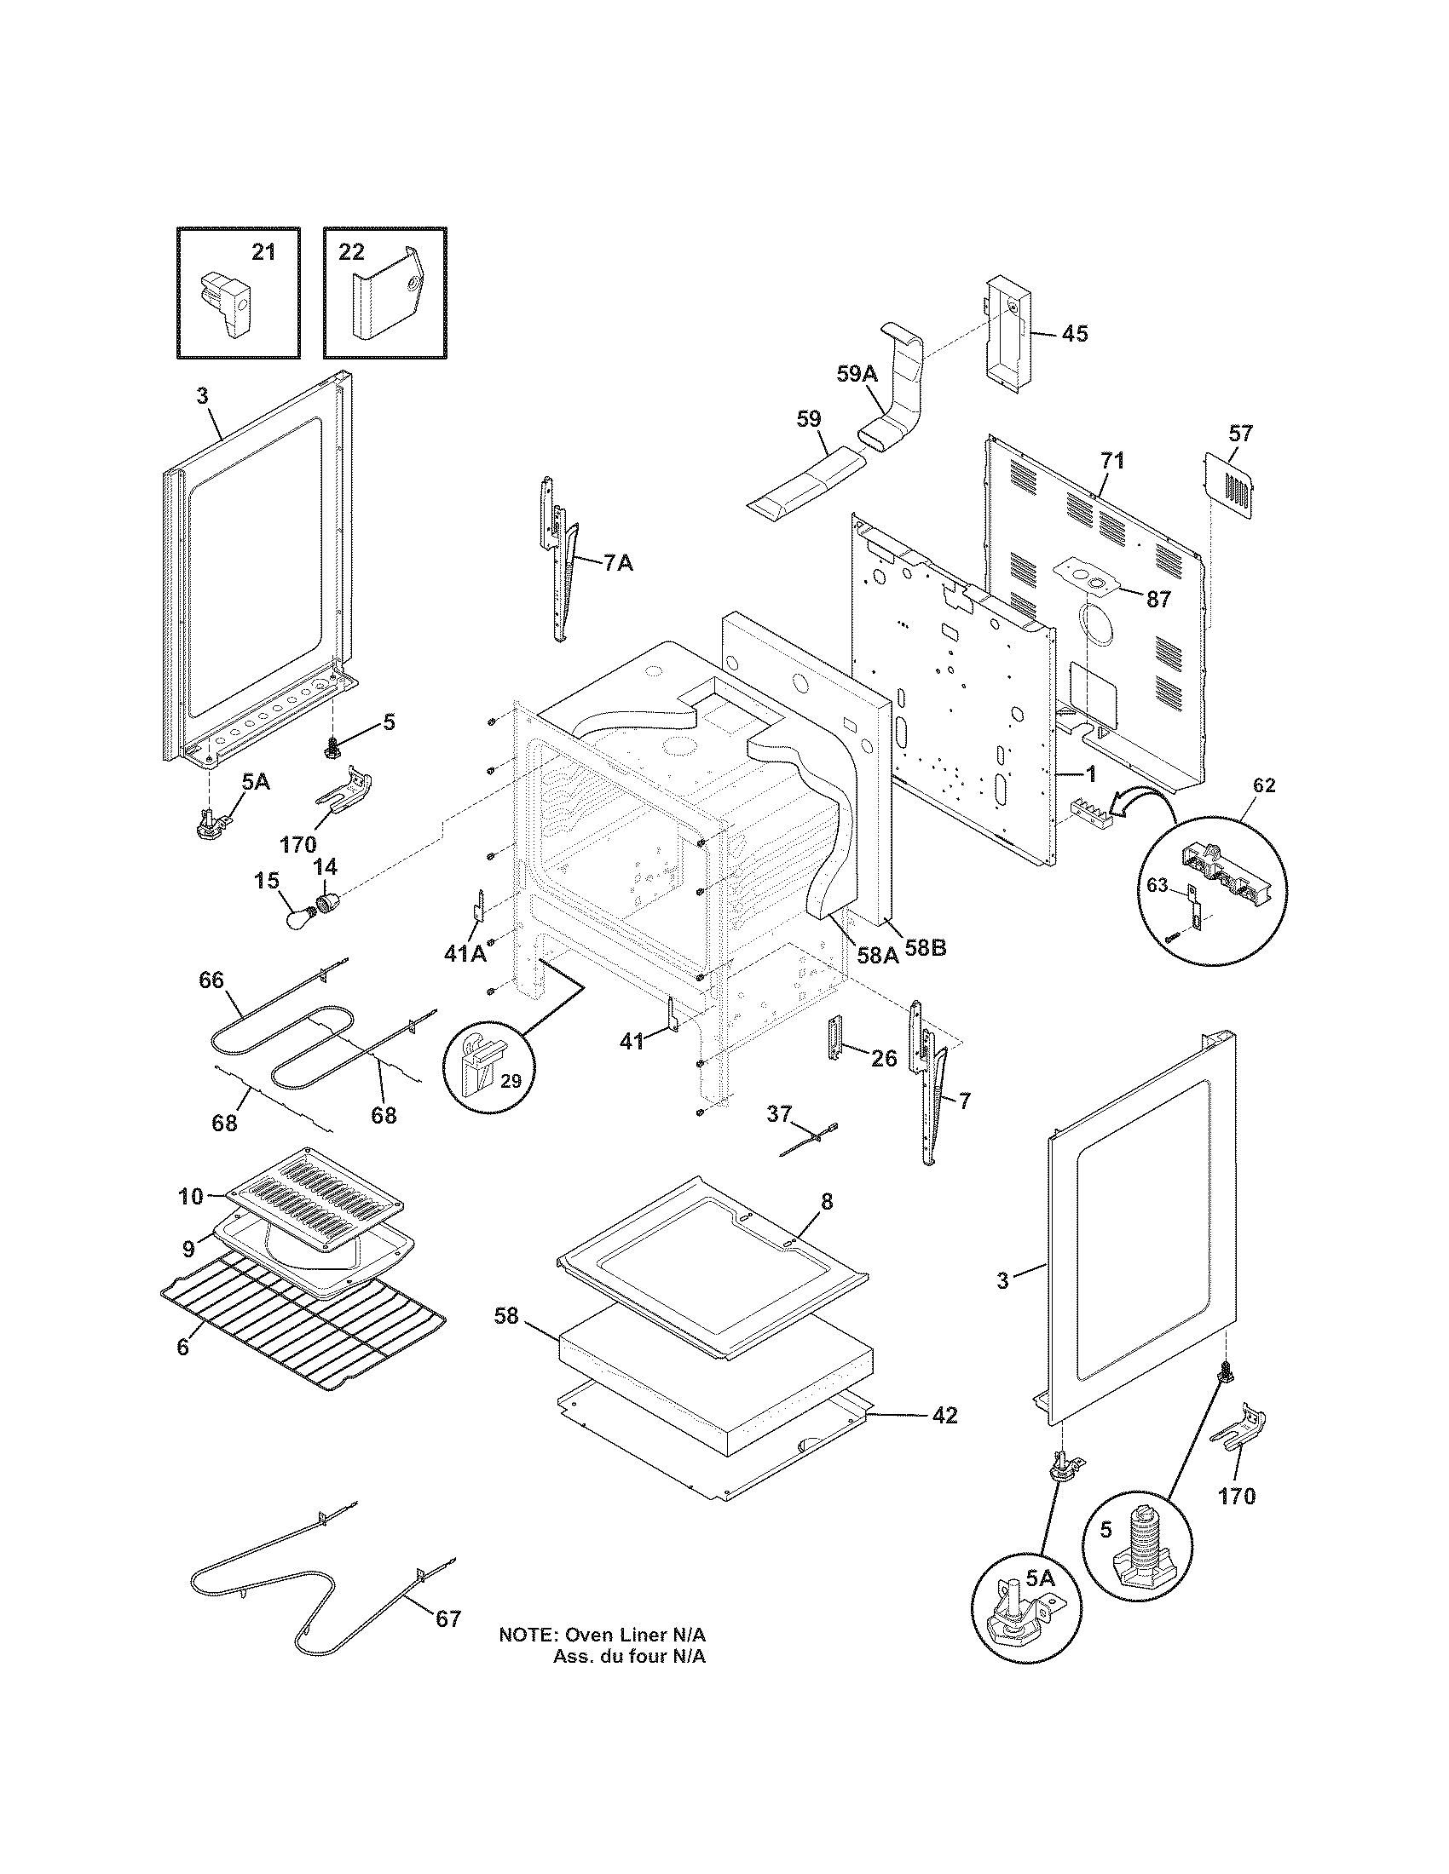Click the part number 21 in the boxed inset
point(263,252)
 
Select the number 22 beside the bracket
point(351,252)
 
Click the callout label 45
point(1074,334)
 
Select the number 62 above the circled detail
point(1264,785)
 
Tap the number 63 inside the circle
point(1158,886)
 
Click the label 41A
point(465,952)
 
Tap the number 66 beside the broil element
point(211,980)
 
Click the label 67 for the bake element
point(448,1619)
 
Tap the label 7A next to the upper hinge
point(618,564)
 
